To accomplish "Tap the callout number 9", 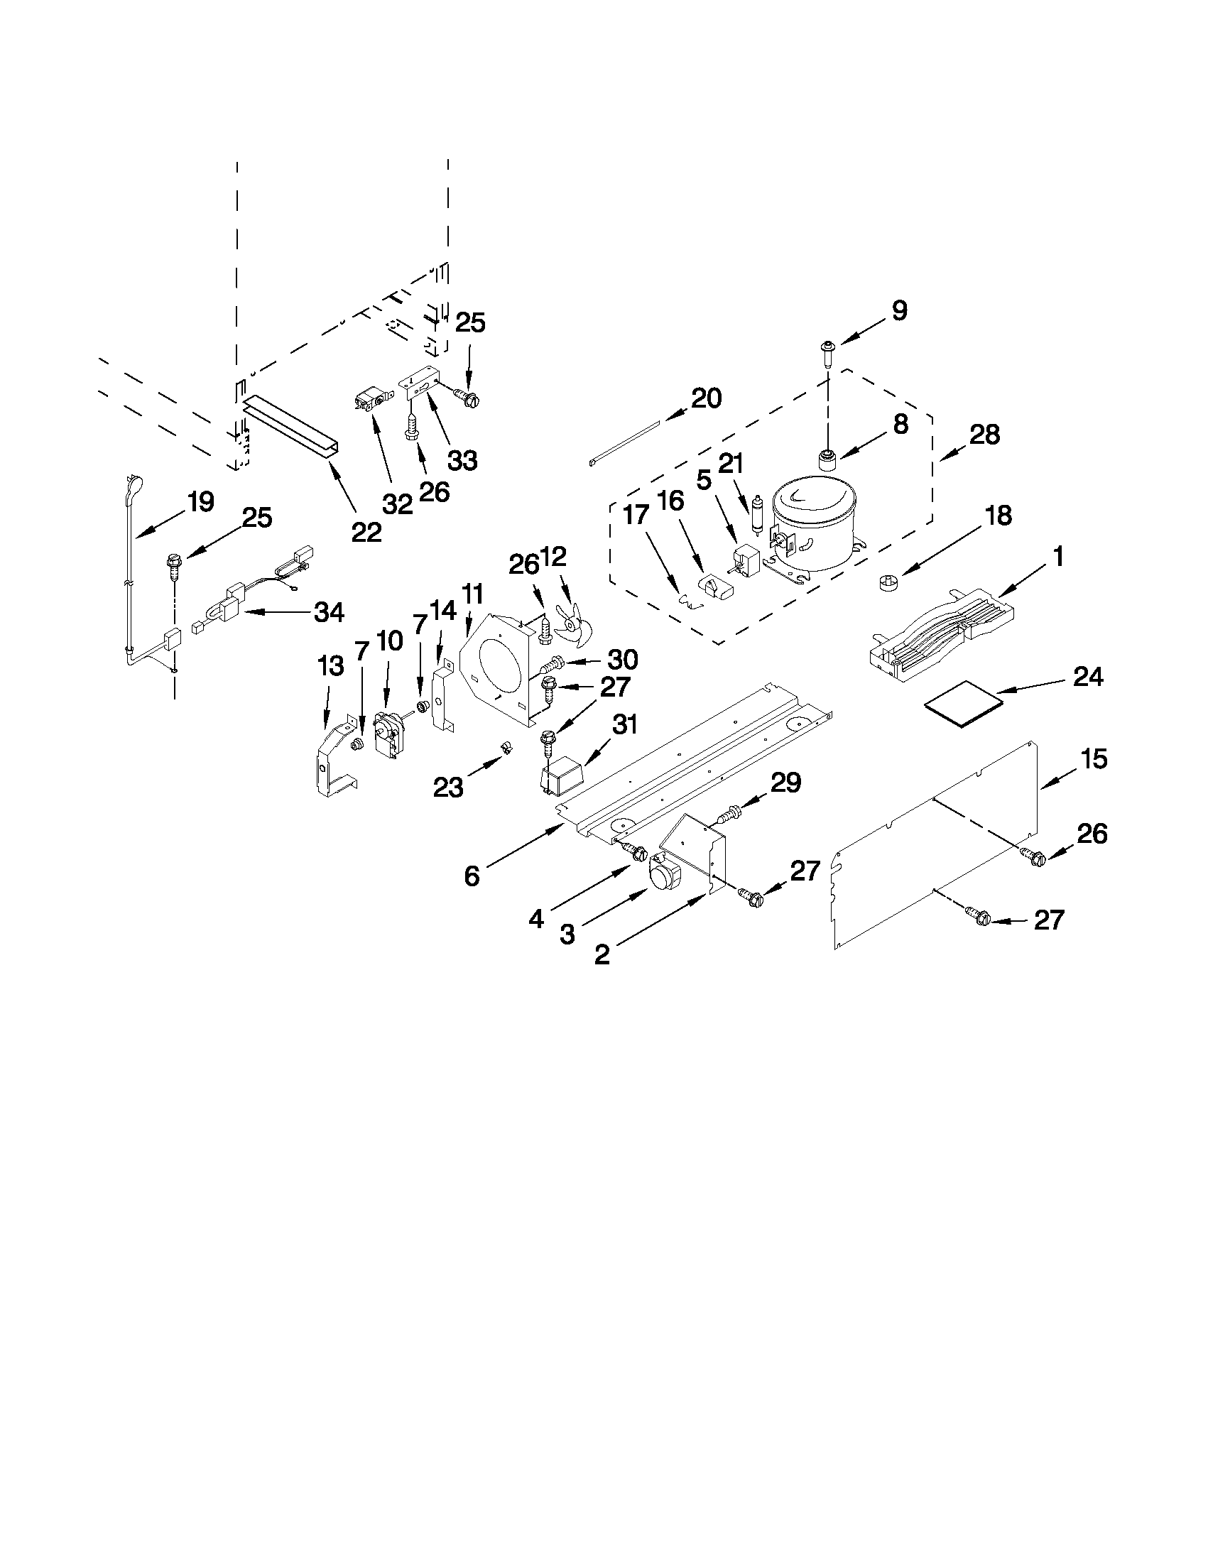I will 899,310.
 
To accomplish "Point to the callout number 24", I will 1089,676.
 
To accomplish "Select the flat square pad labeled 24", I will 959,698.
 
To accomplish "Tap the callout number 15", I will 1096,759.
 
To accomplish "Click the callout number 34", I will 330,613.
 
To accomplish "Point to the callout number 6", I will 472,876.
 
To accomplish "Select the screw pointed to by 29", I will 729,814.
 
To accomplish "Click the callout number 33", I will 462,460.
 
